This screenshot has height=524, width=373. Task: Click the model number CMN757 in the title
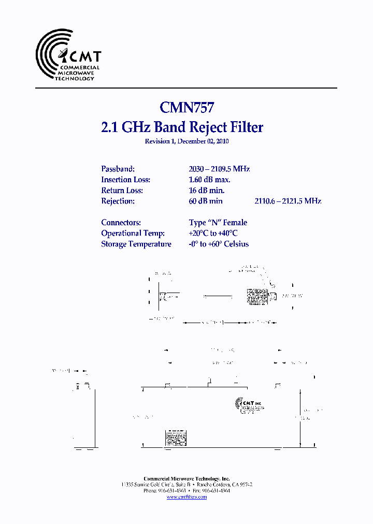coord(187,107)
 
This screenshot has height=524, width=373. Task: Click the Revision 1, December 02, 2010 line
coord(187,141)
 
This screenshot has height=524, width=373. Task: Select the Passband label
coord(118,169)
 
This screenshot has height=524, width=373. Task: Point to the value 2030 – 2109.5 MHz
coord(219,169)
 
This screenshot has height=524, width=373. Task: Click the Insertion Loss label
coord(125,180)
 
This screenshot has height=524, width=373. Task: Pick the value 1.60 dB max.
coord(210,180)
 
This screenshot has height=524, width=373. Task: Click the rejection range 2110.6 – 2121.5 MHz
coord(288,201)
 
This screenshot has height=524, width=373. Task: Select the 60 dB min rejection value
coord(206,201)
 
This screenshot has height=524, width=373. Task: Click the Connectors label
coord(121,223)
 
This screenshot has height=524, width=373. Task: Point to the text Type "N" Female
coord(218,223)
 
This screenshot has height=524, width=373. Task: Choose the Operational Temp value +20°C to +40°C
coord(213,234)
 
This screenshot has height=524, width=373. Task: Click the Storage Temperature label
coord(136,244)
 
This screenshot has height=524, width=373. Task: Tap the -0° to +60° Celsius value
coord(219,244)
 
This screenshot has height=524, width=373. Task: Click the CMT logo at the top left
coord(68,55)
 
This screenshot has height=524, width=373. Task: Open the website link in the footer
coord(187,497)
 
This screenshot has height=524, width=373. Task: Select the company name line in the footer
coord(187,478)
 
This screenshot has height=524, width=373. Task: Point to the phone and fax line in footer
coord(187,490)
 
